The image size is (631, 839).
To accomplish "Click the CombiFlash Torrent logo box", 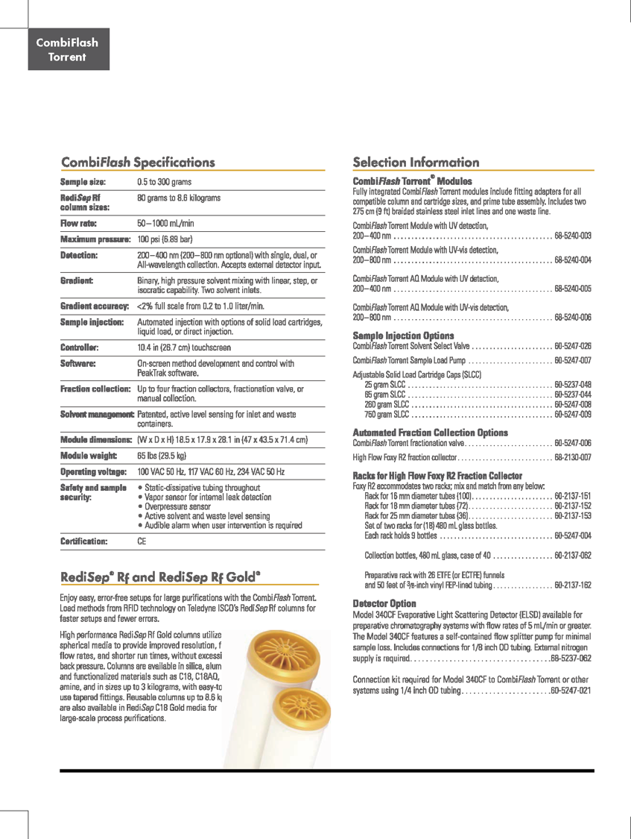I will (x=69, y=49).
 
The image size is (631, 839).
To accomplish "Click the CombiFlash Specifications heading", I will (x=138, y=162).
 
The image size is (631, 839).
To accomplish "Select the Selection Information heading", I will (x=416, y=162).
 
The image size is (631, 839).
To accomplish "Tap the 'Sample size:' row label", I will (x=83, y=182).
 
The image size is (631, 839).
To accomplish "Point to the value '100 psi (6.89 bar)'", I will (x=165, y=239).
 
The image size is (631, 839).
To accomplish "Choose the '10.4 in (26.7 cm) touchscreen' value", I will (x=189, y=348).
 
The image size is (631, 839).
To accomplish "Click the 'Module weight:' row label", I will (x=88, y=455).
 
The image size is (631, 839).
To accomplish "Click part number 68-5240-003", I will (x=573, y=236).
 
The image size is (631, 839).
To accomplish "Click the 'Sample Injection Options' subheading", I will (x=403, y=336).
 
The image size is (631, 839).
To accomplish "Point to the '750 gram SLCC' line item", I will (x=384, y=414).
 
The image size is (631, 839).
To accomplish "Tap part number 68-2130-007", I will (x=573, y=456).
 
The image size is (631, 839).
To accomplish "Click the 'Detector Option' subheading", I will (x=384, y=603).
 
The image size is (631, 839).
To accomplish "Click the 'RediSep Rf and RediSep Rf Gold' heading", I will (x=160, y=576).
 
